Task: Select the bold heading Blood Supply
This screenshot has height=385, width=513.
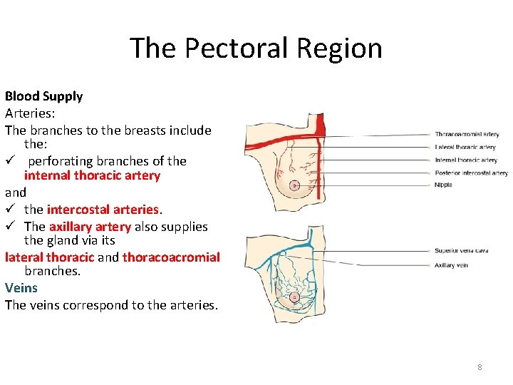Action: tap(43, 96)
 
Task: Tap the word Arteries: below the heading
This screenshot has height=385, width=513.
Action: tap(30, 113)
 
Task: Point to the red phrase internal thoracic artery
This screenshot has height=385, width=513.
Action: tap(92, 175)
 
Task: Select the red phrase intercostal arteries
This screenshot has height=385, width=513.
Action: tap(103, 210)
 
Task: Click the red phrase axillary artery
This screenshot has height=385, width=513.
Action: tap(90, 227)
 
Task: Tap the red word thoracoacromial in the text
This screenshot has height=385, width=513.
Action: tap(171, 257)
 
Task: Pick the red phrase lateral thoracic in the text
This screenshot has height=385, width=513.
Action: tap(49, 257)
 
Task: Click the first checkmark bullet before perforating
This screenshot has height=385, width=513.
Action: tap(10, 161)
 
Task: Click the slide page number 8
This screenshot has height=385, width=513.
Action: tap(480, 367)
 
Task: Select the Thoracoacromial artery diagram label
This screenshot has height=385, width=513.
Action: tap(467, 134)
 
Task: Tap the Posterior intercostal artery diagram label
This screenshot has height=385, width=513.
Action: tap(471, 173)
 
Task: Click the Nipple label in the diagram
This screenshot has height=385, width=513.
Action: tap(443, 185)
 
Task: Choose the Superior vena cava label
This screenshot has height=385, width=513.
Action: tap(462, 251)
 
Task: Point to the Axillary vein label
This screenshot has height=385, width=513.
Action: tap(451, 265)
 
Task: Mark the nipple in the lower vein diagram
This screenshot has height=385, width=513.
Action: tap(295, 297)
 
